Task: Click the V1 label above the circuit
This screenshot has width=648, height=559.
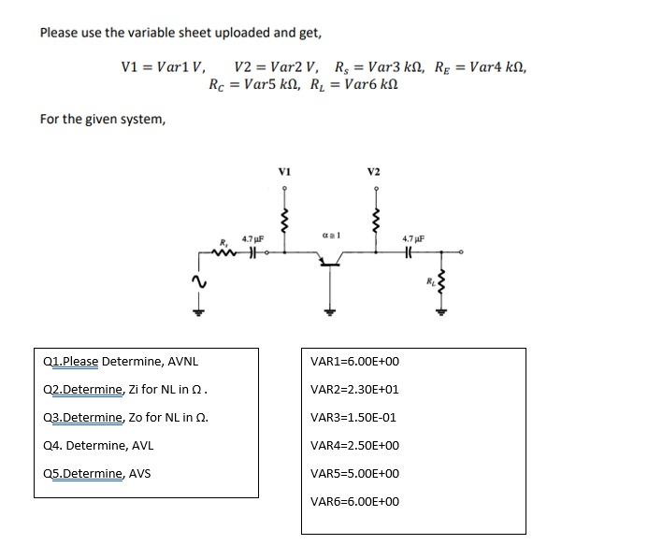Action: click(x=284, y=172)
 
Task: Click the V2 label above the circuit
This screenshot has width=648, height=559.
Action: click(x=374, y=172)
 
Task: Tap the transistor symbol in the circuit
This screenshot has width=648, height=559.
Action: click(x=328, y=265)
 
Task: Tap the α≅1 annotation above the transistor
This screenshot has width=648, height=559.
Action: click(x=328, y=235)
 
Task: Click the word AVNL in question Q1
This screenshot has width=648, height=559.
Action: click(x=182, y=362)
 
